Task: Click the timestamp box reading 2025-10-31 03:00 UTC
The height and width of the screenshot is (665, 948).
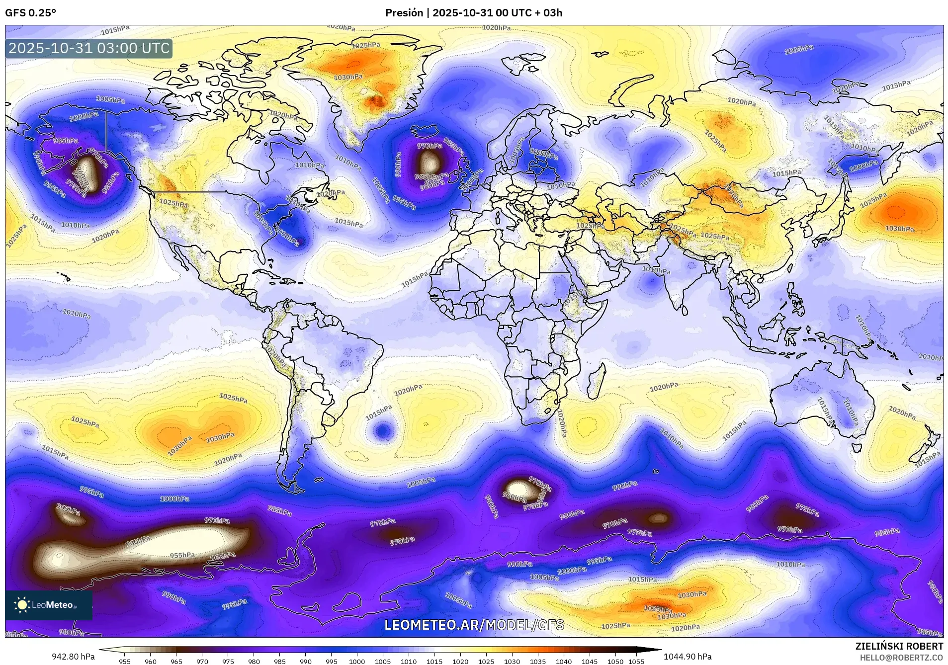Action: [x=89, y=49]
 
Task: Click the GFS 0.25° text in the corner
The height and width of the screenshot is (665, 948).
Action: [x=30, y=13]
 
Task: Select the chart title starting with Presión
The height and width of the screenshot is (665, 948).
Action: [x=473, y=13]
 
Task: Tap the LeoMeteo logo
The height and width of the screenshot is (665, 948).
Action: [x=48, y=605]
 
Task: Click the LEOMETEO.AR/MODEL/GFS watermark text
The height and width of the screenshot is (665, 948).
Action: [x=474, y=625]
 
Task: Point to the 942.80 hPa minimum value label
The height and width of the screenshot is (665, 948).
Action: [x=73, y=657]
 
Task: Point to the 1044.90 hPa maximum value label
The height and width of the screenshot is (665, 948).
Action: [x=687, y=657]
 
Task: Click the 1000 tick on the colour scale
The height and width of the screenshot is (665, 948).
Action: [x=357, y=662]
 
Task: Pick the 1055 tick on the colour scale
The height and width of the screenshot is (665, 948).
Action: [x=636, y=662]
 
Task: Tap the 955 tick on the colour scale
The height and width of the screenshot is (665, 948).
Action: [x=125, y=662]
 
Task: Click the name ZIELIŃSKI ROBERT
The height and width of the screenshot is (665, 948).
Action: [x=899, y=647]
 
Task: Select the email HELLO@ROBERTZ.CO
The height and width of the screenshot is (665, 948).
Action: [x=901, y=658]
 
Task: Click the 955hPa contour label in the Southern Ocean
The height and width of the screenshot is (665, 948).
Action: [x=182, y=555]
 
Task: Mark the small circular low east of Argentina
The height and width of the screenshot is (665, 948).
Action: [x=382, y=430]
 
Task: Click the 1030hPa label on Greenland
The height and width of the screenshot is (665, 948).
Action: [x=348, y=77]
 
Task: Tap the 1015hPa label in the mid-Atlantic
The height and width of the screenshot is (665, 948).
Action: [x=415, y=279]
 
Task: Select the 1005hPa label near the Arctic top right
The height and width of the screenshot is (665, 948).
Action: [x=799, y=49]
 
